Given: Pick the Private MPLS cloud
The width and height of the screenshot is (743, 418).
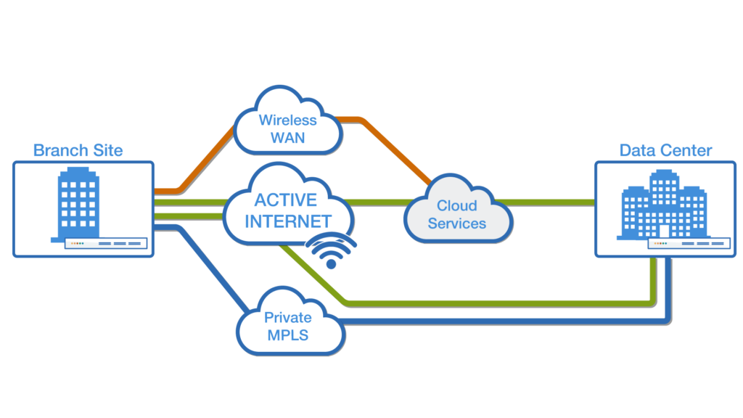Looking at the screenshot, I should click(x=287, y=327).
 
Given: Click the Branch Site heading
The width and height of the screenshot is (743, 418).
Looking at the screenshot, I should click(x=78, y=150).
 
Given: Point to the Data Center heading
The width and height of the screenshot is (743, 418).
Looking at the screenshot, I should click(x=665, y=150).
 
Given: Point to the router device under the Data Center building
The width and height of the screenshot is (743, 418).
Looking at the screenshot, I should click(x=689, y=244).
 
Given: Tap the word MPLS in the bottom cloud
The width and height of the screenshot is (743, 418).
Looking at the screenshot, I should click(x=287, y=335).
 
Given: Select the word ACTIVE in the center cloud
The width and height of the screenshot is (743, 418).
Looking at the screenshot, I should click(x=285, y=200).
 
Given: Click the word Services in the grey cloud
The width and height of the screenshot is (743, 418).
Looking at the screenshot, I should click(x=456, y=224).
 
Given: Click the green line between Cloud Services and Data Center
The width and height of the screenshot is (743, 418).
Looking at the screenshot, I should click(x=551, y=202).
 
